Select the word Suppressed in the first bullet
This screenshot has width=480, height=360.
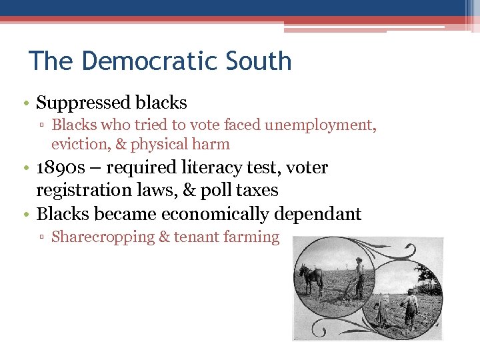(x=83, y=103)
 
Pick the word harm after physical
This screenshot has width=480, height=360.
(x=213, y=144)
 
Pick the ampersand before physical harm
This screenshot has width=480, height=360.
(x=122, y=144)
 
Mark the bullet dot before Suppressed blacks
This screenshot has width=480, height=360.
(x=25, y=103)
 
